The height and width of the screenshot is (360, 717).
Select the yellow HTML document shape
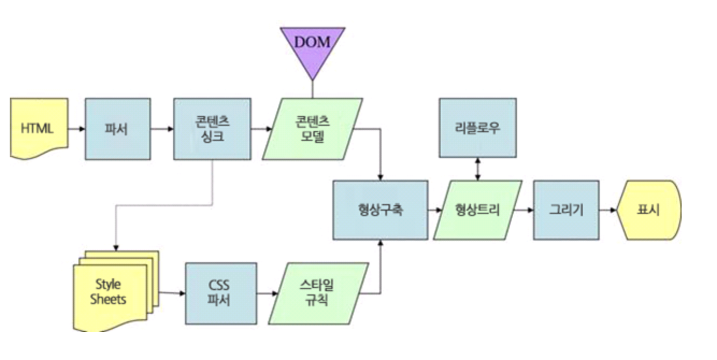click(39, 128)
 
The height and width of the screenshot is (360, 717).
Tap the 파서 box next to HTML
click(118, 128)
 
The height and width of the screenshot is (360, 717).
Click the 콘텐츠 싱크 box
click(212, 128)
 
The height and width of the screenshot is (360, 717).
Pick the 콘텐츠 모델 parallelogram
click(312, 128)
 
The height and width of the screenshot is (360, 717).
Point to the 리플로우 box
click(478, 128)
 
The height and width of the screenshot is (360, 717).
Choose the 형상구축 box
click(380, 210)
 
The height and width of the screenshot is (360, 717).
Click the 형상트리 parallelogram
click(478, 210)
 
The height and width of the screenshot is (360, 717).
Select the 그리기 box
click(567, 210)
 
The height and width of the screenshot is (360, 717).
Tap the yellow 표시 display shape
click(649, 210)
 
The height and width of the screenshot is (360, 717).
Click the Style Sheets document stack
click(116, 291)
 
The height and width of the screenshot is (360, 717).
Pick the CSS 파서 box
click(221, 293)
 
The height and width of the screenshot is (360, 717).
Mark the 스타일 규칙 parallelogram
click(319, 293)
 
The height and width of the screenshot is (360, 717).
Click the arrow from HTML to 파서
click(76, 129)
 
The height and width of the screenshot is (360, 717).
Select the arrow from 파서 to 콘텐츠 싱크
click(162, 129)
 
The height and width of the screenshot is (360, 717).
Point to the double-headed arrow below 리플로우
click(478, 169)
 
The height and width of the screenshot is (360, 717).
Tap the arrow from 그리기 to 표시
click(608, 210)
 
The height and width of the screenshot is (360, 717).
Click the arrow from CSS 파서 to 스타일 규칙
click(267, 293)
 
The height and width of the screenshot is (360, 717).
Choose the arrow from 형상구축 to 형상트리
click(435, 210)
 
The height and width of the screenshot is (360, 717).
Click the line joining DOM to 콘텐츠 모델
click(312, 89)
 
